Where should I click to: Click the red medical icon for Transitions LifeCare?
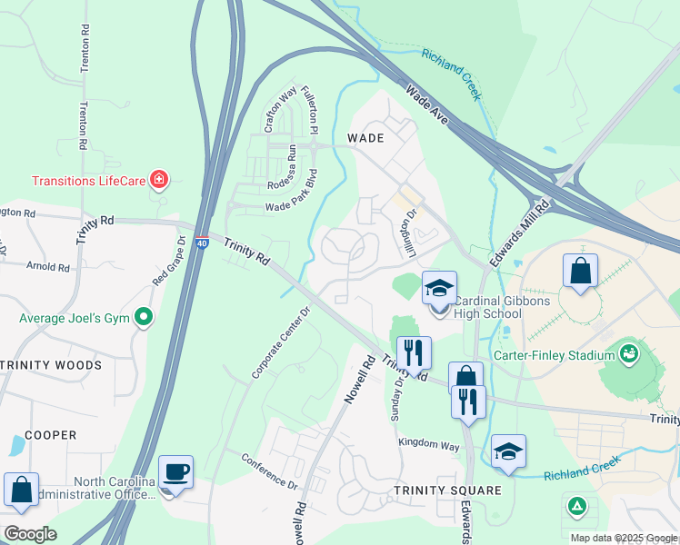tap(159, 180)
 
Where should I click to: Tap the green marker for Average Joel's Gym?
tap(143, 318)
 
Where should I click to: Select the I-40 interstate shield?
tap(203, 243)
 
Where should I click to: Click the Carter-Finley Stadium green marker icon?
tap(628, 352)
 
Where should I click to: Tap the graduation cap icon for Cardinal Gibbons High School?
tap(439, 290)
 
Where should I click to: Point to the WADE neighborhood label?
tap(365, 138)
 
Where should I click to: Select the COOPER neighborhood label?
tap(51, 435)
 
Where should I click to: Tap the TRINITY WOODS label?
tap(51, 365)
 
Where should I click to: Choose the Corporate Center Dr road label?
tap(282, 342)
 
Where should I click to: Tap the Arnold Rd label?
tap(48, 268)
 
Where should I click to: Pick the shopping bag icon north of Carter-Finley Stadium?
tap(579, 271)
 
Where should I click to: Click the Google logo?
tap(30, 533)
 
